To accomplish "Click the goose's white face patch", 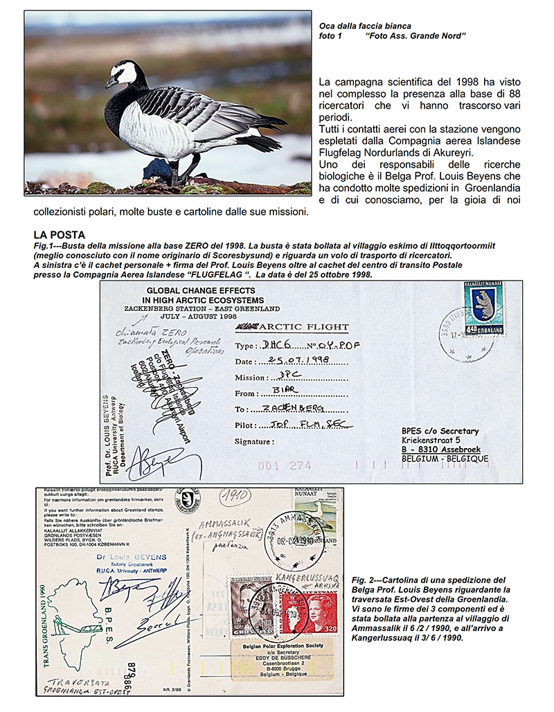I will pos(125,72).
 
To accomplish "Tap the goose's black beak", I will pos(111,82).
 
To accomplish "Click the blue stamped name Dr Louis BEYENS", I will pos(129,555).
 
